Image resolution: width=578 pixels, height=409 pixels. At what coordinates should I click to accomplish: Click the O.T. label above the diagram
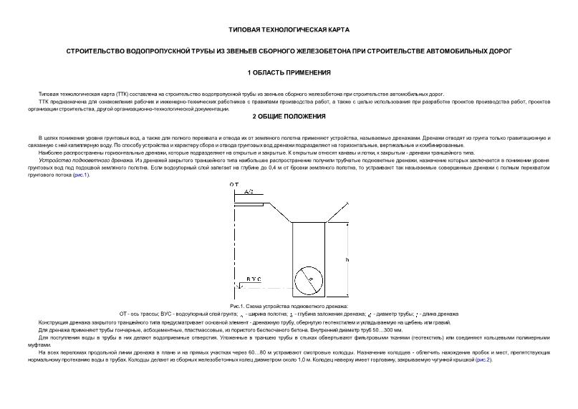234,185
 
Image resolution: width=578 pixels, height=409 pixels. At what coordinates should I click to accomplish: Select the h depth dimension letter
347,259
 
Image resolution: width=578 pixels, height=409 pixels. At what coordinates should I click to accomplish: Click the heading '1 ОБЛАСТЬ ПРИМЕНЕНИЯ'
289,73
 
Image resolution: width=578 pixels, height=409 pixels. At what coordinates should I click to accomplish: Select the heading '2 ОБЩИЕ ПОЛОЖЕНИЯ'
289,116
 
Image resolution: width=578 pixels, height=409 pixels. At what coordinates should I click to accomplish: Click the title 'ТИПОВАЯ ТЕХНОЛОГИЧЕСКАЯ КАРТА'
289,31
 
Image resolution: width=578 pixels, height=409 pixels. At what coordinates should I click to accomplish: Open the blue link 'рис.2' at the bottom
483,360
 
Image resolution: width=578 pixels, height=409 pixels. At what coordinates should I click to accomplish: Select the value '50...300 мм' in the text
387,329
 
